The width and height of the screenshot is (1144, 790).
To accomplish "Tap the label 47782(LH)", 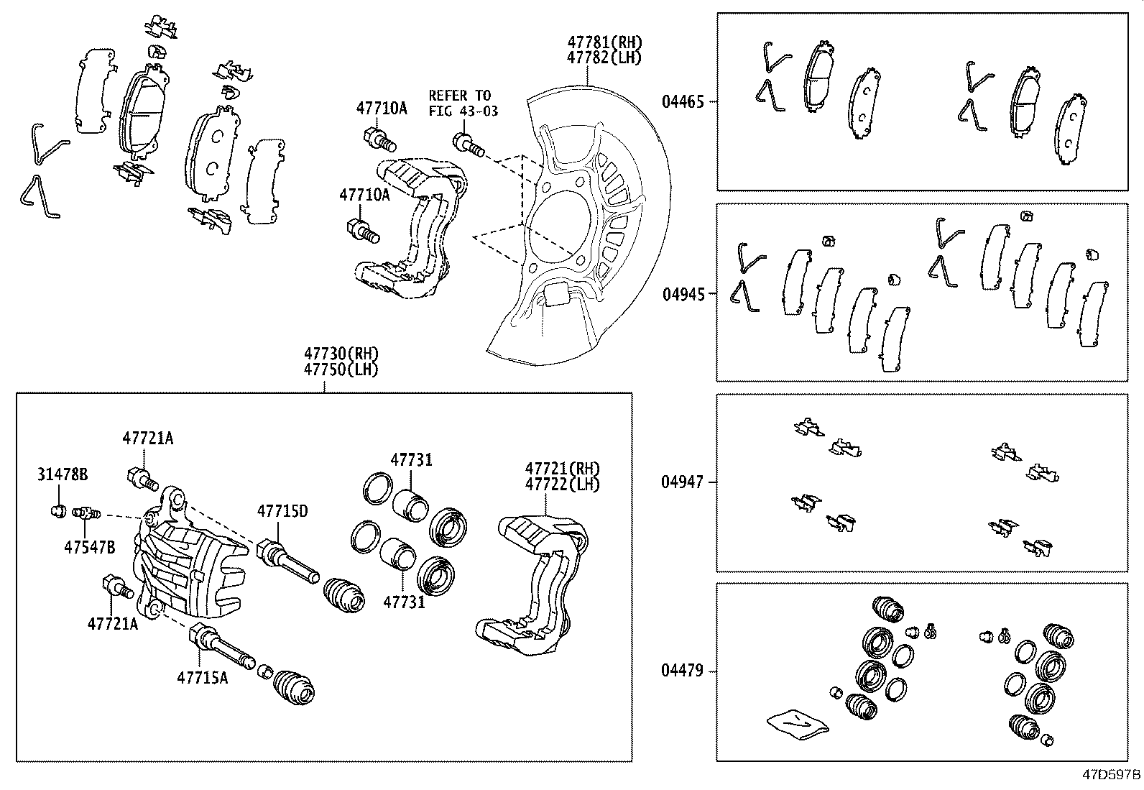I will (604, 58).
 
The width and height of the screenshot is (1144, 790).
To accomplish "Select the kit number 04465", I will (683, 102).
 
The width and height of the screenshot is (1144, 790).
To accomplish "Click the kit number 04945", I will (683, 293).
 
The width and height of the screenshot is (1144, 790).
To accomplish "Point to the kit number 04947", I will (683, 482).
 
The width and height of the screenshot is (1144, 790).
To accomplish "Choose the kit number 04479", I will (683, 671).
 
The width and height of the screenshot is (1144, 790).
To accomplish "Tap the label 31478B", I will (63, 474).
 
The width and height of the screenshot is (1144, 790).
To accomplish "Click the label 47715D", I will (282, 511).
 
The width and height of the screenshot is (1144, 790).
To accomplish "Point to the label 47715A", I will (203, 677).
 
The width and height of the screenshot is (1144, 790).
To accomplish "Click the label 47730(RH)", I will (341, 354).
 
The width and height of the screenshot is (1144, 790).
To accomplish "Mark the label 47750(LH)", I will (341, 369).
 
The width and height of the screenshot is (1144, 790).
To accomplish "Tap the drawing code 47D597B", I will (1112, 775).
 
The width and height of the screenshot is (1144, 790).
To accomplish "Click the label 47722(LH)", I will (562, 484).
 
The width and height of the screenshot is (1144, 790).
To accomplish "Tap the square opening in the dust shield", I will (557, 294).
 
